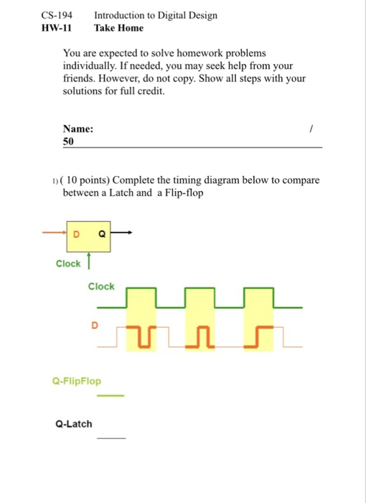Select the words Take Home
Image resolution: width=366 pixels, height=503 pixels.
(x=118, y=28)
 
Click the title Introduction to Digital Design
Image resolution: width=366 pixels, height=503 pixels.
(x=156, y=16)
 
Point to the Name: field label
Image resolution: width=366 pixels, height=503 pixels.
(x=78, y=129)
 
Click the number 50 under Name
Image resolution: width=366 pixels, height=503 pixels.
(x=69, y=142)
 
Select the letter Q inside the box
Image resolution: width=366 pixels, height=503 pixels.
(x=101, y=234)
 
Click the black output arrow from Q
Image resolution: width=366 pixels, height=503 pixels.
(x=122, y=233)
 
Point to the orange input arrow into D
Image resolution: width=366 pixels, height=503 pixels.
(x=55, y=233)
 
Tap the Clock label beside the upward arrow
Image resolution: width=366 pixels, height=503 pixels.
(x=68, y=264)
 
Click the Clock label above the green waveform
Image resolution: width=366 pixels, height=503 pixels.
(x=101, y=287)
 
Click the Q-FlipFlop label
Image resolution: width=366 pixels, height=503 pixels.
(x=77, y=381)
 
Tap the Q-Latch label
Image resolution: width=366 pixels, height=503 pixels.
(x=74, y=424)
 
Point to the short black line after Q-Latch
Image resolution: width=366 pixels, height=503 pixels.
(x=111, y=438)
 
